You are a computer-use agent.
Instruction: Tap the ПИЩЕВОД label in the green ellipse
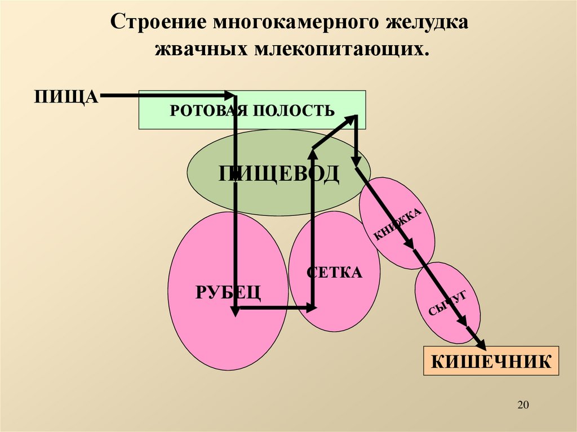point(279,173)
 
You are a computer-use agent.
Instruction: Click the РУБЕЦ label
point(228,292)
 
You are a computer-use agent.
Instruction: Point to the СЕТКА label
point(335,273)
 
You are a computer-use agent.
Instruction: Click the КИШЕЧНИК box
point(491,361)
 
